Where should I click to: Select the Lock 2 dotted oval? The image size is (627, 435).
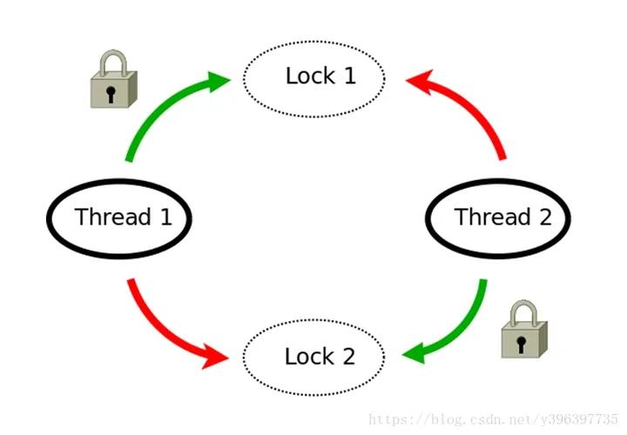[x=313, y=357]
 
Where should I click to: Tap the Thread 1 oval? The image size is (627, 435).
[x=118, y=216]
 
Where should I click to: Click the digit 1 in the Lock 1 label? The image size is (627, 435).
[x=349, y=76]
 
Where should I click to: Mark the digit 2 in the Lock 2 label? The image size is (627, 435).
[x=348, y=357]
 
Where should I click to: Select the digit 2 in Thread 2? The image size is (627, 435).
[x=544, y=217]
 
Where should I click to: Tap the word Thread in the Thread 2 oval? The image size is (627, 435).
[x=491, y=217]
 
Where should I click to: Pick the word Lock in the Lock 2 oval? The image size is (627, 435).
[x=307, y=357]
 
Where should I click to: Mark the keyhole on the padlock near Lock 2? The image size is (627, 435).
[x=521, y=343]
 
